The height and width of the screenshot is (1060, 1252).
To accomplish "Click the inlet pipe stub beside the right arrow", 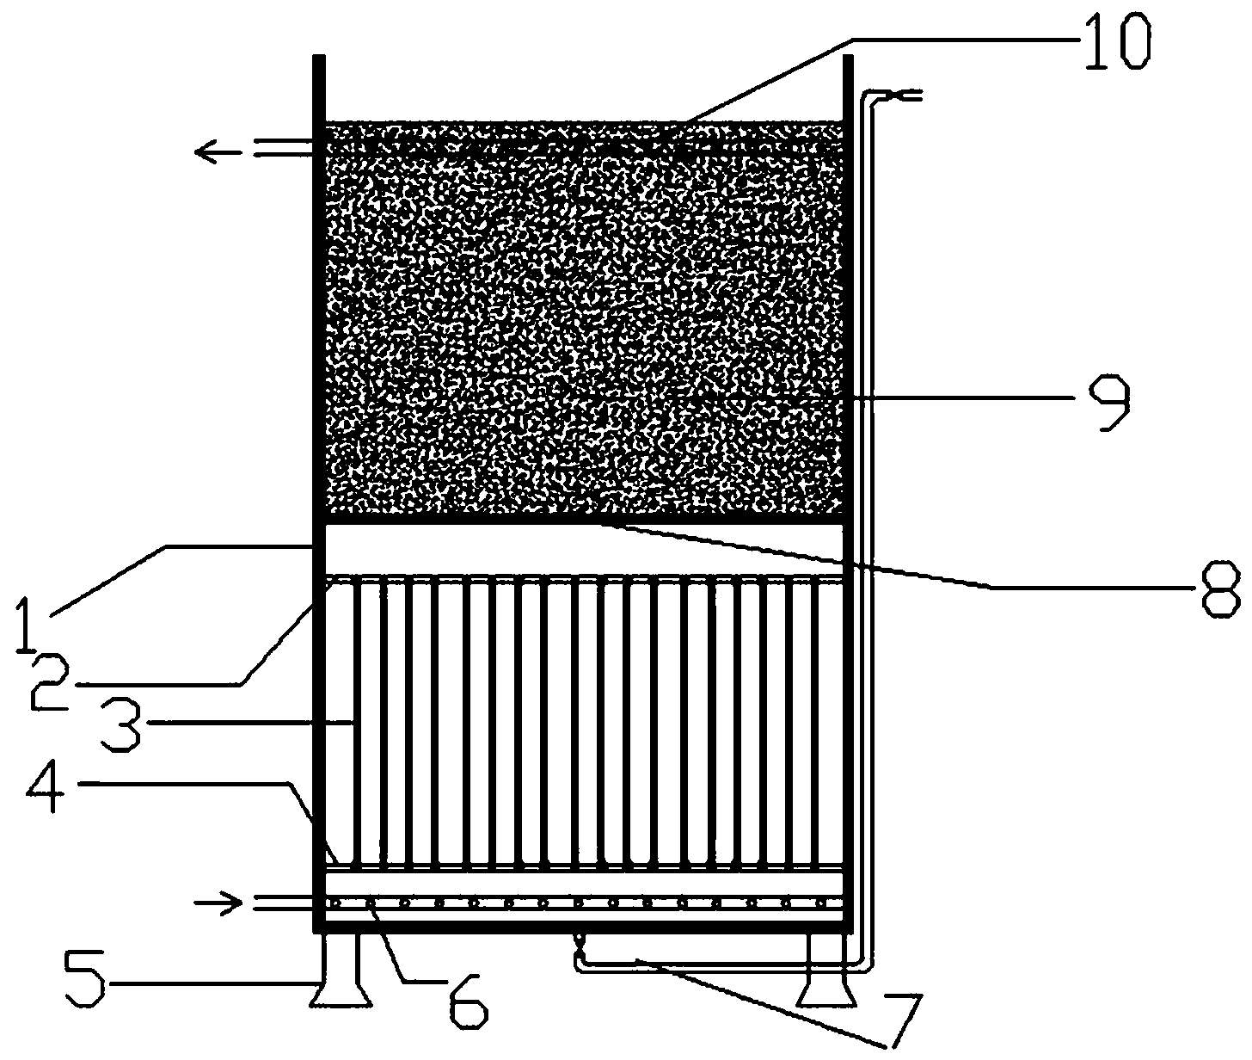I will pyautogui.click(x=283, y=903).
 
